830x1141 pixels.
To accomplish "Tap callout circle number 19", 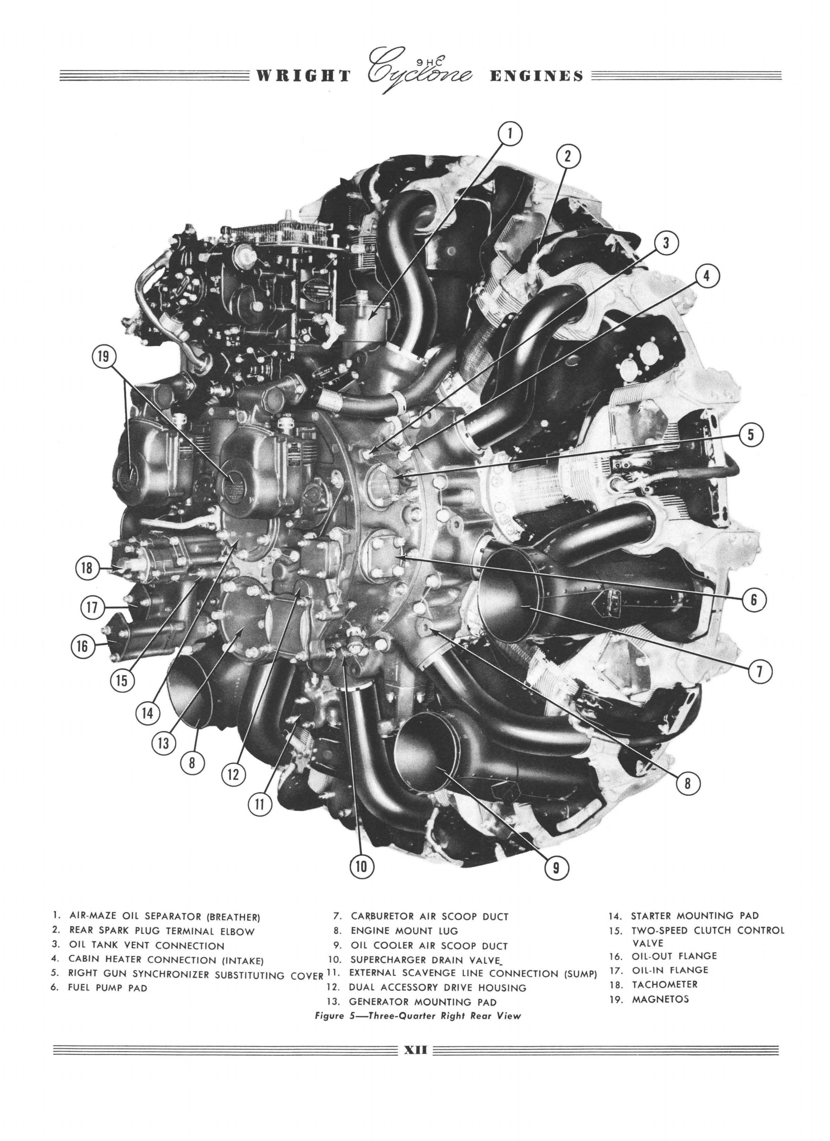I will tap(104, 358).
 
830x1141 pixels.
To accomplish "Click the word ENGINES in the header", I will tap(536, 76).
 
